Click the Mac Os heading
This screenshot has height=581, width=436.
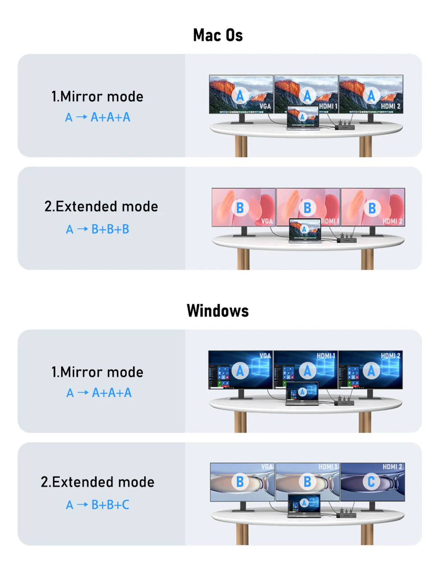[218, 35]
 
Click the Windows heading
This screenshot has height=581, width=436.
[218, 311]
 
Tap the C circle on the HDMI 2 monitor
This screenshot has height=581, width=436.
[371, 482]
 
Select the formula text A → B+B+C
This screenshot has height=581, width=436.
[97, 505]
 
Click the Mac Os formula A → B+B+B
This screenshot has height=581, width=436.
[97, 229]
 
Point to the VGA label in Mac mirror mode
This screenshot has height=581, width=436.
[265, 106]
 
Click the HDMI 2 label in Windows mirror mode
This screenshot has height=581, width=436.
[390, 356]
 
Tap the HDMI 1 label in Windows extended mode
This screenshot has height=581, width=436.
[327, 467]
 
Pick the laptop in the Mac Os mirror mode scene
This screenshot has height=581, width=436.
[303, 118]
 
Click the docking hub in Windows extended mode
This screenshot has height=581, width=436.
[346, 515]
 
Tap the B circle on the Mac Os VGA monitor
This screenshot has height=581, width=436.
[240, 208]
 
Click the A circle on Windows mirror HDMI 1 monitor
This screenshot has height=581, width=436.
[307, 371]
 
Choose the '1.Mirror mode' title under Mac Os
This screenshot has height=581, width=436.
[97, 97]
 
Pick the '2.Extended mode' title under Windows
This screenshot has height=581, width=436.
[97, 482]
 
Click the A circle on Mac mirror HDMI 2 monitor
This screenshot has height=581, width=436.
[371, 96]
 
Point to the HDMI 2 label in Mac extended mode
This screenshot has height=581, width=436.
[392, 221]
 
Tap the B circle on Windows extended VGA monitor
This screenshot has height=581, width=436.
[240, 482]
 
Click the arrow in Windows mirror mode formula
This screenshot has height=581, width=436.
[83, 393]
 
